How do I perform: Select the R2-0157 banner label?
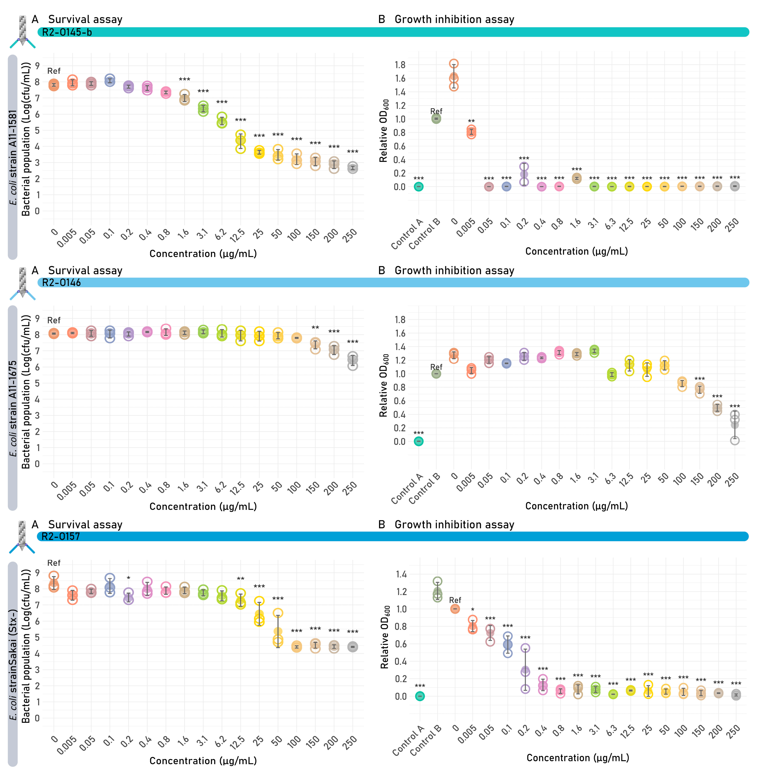pos(61,537)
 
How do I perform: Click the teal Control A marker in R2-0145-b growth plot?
pos(418,186)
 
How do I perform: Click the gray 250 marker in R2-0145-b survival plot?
pos(352,168)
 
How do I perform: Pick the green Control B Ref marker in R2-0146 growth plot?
pos(436,374)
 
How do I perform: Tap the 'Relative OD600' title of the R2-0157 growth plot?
pos(385,637)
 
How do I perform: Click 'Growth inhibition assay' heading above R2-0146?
pos(454,271)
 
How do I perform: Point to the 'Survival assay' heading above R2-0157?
pos(85,525)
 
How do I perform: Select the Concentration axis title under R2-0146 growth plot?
pos(576,506)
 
